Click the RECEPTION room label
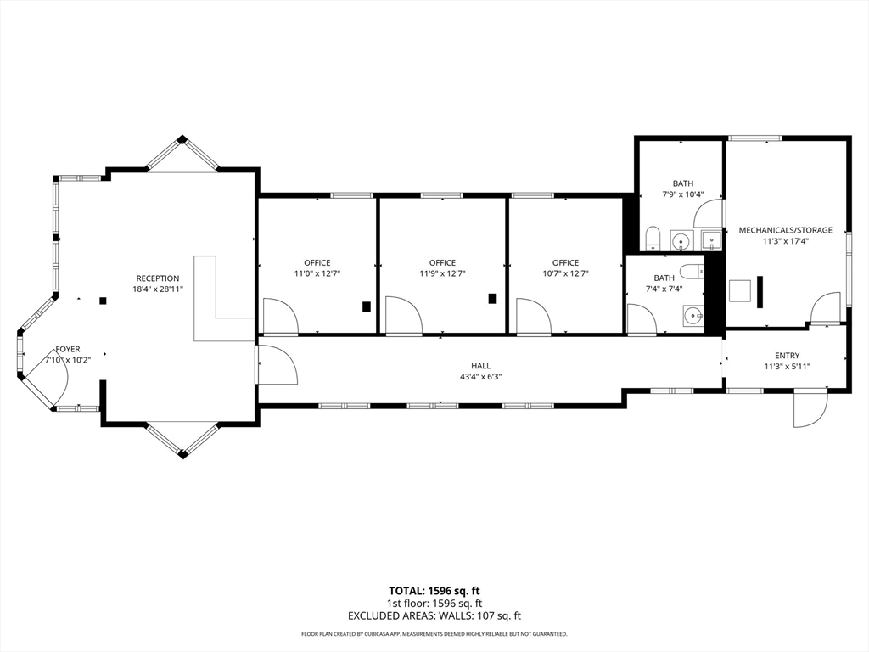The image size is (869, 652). pos(158,278)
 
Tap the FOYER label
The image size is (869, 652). pos(68,349)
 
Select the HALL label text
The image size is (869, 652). pos(480,366)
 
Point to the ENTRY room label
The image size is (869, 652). pos(787,356)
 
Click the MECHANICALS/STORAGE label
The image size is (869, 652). pos(785,230)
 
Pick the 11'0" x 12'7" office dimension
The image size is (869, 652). pos(317,273)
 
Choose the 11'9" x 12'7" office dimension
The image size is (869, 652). pos(442,273)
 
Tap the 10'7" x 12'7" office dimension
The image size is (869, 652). pos(565,273)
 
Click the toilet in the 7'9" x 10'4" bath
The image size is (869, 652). pos(653,239)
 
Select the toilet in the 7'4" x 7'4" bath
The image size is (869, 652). pos(692,271)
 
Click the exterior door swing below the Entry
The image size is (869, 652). pos(810,409)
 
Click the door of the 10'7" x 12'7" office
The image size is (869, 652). pos(533,317)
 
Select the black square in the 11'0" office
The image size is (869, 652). pos(367,306)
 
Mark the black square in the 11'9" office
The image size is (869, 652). pos(492,298)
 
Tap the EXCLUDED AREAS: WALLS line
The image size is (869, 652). pos(434,616)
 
